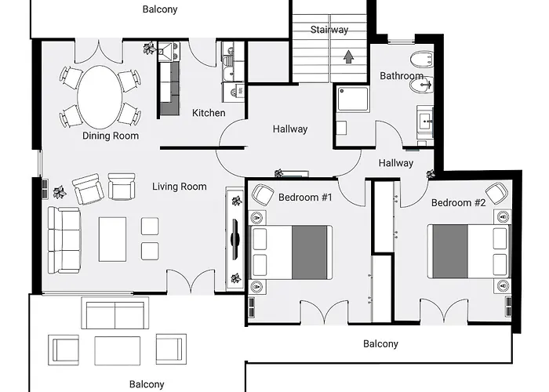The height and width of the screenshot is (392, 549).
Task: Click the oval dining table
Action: point(100,97)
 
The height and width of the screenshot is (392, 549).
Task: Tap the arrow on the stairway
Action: point(348,56)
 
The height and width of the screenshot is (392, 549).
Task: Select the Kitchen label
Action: point(209,113)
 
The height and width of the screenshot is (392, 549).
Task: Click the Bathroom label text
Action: point(402,75)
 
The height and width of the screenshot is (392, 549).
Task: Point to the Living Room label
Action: point(180,187)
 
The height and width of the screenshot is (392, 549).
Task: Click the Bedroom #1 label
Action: point(305,197)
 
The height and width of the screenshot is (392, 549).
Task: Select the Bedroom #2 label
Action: point(458,202)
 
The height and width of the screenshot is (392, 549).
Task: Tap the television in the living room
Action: point(235,240)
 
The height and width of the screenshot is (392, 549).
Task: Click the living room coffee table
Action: point(112,239)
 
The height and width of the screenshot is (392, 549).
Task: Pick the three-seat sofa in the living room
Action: point(64,240)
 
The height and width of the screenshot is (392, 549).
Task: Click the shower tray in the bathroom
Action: point(353,99)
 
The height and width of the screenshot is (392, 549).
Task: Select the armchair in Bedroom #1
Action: point(263,194)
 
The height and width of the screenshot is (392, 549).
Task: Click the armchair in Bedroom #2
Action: point(496,193)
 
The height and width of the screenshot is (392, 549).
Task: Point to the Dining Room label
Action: point(111,136)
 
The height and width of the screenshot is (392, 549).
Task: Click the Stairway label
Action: point(329,30)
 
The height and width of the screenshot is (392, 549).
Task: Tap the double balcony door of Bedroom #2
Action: point(444,310)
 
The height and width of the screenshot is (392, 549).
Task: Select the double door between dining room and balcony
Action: point(99,51)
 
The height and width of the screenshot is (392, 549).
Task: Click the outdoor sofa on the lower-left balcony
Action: point(115,313)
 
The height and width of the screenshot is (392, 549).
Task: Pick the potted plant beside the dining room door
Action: point(150,49)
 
